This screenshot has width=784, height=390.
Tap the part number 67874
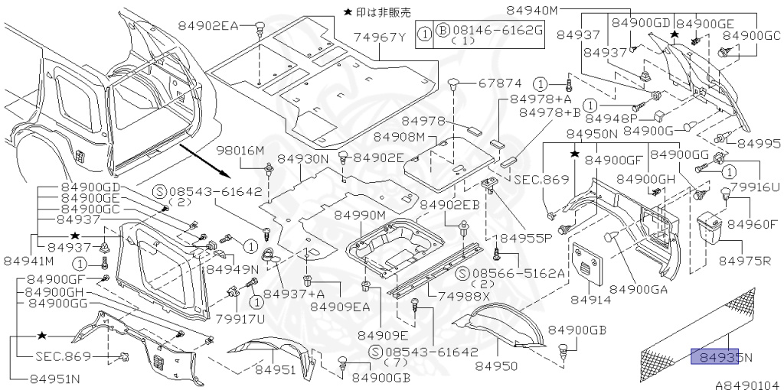[x=500, y=83]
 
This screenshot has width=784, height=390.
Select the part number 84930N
[x=302, y=158]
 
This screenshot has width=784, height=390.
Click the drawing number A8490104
[x=746, y=385]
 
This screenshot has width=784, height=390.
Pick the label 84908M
[x=399, y=136]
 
